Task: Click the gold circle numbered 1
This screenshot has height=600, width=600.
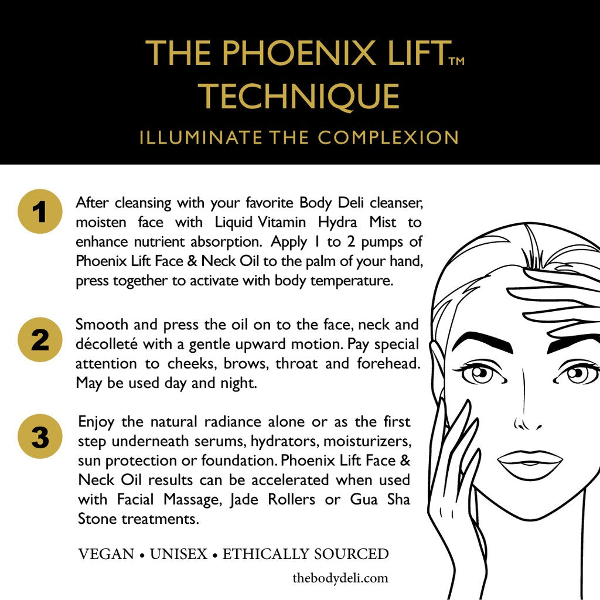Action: point(40,212)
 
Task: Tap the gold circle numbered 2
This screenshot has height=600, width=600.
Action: point(40,339)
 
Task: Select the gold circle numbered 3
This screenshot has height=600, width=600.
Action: point(40,437)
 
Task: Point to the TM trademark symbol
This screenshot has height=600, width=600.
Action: point(455,60)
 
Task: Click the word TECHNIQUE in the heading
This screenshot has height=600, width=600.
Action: point(299,96)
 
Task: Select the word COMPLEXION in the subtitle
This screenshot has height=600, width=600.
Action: point(388,138)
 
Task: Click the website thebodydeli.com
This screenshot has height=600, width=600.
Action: point(340,578)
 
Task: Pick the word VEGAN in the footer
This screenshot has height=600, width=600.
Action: point(106,554)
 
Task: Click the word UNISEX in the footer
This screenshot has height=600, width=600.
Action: point(178,554)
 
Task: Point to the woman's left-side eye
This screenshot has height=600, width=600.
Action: point(479,373)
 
